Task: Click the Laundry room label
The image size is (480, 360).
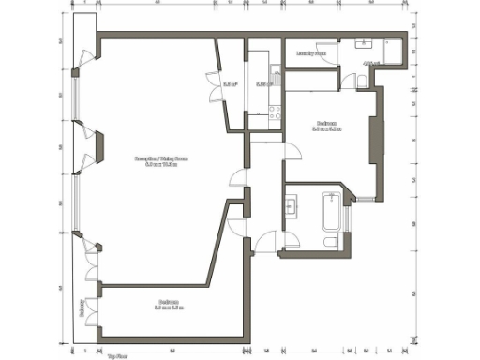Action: [x=311, y=53]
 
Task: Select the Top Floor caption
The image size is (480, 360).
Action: [x=117, y=356]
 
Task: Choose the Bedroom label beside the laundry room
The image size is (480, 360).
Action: [x=327, y=126]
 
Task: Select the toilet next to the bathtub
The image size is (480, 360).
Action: [x=330, y=242]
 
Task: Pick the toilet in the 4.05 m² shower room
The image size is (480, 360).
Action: [x=361, y=82]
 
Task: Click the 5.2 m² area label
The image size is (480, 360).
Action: [x=230, y=84]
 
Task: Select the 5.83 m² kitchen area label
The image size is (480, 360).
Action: [x=262, y=84]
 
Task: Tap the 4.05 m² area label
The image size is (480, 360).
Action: [x=370, y=64]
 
